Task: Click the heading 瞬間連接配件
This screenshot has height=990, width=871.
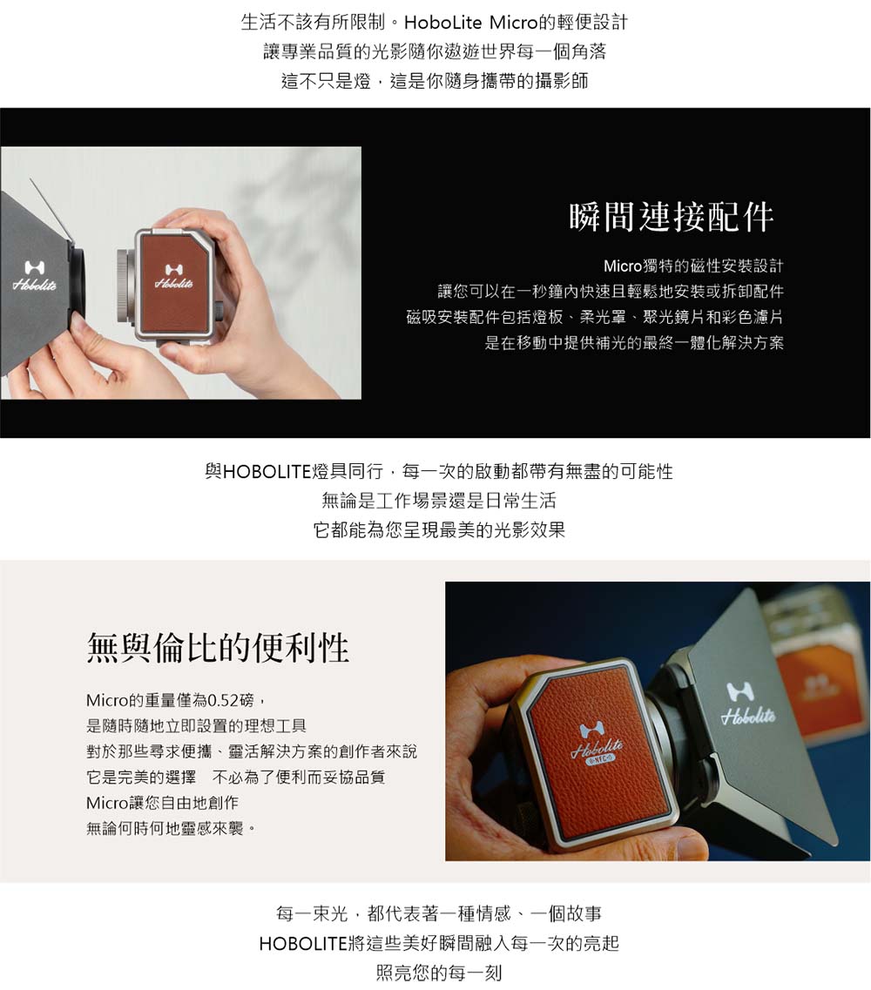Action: point(671,217)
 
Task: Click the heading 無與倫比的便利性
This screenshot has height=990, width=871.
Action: point(218,648)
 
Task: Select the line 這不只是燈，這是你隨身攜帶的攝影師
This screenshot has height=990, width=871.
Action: point(435,82)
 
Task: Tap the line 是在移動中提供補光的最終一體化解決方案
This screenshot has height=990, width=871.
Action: point(633,342)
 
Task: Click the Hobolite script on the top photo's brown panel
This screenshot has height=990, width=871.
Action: point(174,284)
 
